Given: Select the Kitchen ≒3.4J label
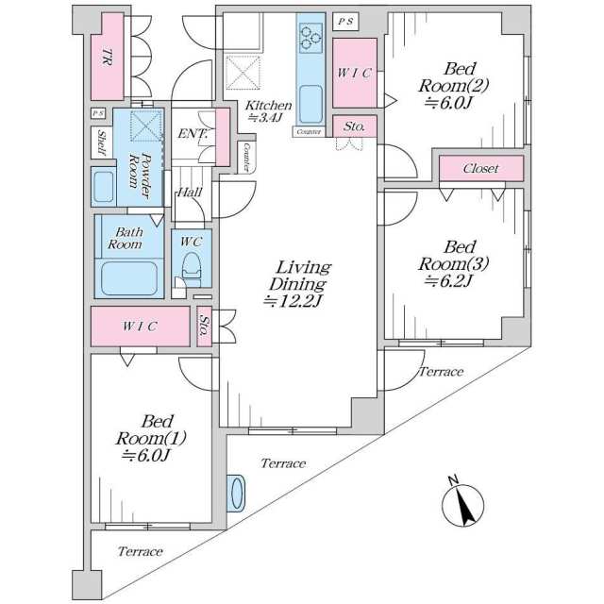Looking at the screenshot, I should [269, 111].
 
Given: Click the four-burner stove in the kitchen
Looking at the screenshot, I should [310, 37].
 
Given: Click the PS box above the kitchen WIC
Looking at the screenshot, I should [346, 19].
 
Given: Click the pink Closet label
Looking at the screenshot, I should [480, 169].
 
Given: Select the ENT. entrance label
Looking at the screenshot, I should [192, 134].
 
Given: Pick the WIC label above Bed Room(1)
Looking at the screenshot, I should [140, 326].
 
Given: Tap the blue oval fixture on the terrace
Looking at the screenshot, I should [236, 493].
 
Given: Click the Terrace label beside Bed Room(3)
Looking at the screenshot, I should [440, 372].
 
